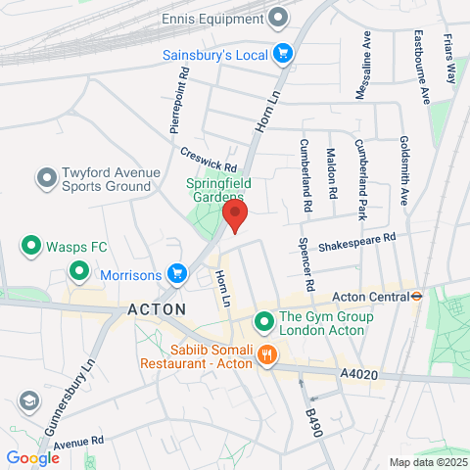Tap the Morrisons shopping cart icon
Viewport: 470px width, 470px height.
pyautogui.click(x=176, y=273)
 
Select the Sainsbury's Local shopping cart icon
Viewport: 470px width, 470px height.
pyautogui.click(x=283, y=53)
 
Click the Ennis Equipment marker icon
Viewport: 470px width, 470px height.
pyautogui.click(x=279, y=17)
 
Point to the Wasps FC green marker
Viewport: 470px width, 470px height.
pyautogui.click(x=31, y=245)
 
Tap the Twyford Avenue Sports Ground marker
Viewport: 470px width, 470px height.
pyautogui.click(x=45, y=178)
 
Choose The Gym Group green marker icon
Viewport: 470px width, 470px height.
pyautogui.click(x=263, y=321)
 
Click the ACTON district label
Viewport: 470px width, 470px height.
pyautogui.click(x=157, y=308)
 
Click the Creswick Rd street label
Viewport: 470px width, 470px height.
pyautogui.click(x=209, y=159)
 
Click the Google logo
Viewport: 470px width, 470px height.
pyautogui.click(x=32, y=457)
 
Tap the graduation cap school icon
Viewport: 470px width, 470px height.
pyautogui.click(x=28, y=399)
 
